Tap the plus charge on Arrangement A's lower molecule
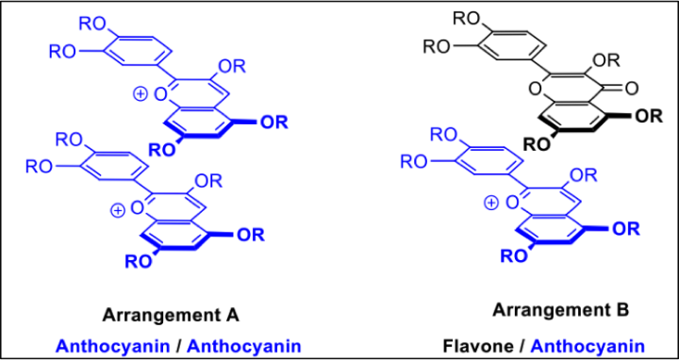pyautogui.click(x=117, y=210)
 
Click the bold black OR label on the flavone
pyautogui.click(x=647, y=116)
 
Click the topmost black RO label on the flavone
pyautogui.click(x=467, y=18)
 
